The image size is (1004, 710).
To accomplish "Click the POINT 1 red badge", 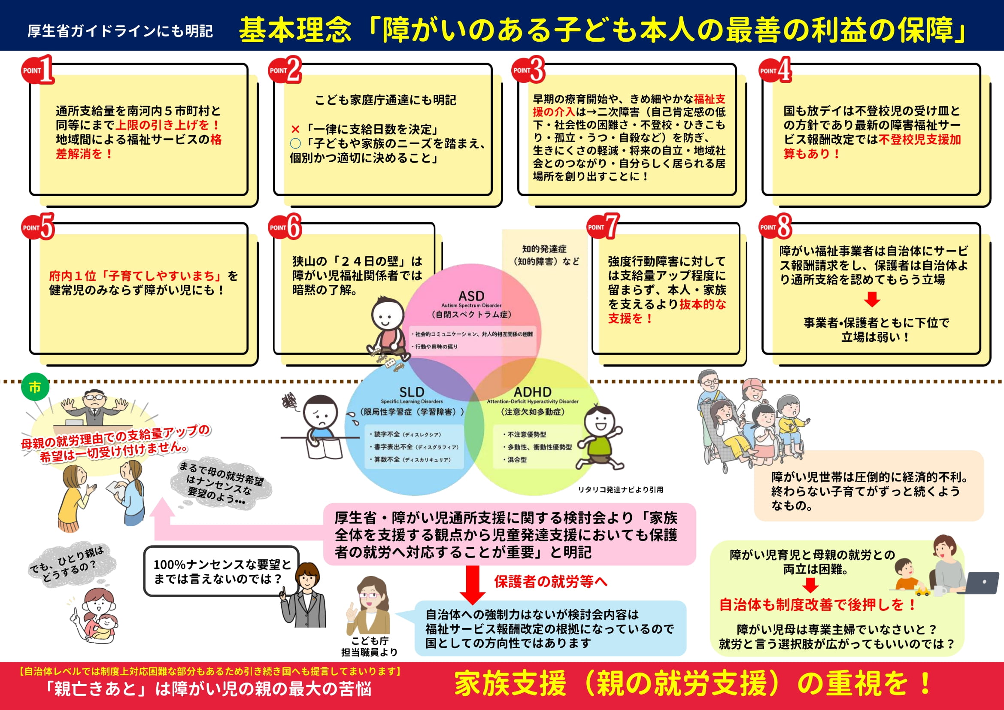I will (38, 70).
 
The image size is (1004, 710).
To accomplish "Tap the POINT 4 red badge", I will (774, 70).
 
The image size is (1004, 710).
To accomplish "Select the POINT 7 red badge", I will (603, 227).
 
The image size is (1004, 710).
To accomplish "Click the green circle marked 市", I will (35, 387).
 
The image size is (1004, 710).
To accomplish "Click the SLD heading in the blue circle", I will (412, 392).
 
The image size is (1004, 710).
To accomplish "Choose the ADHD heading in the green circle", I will (532, 392).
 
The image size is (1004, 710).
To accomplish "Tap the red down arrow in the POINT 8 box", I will (872, 300).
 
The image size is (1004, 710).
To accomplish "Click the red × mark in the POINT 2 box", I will (295, 129).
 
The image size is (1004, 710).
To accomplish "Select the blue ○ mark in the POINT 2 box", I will (295, 143).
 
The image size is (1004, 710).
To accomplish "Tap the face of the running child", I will (600, 422).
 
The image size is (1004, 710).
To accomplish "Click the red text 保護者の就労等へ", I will (551, 582).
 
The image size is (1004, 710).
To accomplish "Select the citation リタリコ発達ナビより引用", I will (620, 490).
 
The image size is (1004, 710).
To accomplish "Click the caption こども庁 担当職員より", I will (370, 646).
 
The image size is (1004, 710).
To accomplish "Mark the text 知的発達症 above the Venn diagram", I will (544, 249).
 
